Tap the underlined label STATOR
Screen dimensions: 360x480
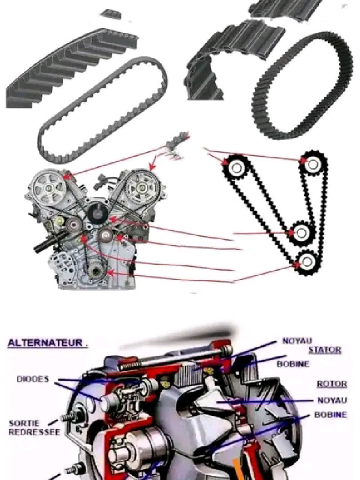(x=324, y=350)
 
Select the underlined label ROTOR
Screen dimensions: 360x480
(x=331, y=384)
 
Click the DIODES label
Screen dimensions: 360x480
(x=33, y=379)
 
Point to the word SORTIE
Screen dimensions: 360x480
(x=24, y=423)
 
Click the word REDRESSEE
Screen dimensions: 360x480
(x=34, y=432)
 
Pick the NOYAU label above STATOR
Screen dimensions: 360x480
(x=297, y=341)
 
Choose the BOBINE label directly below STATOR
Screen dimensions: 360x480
(x=293, y=364)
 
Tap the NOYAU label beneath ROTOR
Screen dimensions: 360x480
(x=332, y=400)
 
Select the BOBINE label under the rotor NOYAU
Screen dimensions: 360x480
(x=330, y=415)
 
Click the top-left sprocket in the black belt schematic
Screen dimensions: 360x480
(x=236, y=167)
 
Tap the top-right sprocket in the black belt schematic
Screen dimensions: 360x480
(x=313, y=165)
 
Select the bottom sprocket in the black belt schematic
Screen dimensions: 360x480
(x=307, y=262)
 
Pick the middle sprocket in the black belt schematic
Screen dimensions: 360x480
(x=301, y=233)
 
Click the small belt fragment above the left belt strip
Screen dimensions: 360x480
(x=111, y=14)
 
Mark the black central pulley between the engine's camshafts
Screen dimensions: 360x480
(x=97, y=213)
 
